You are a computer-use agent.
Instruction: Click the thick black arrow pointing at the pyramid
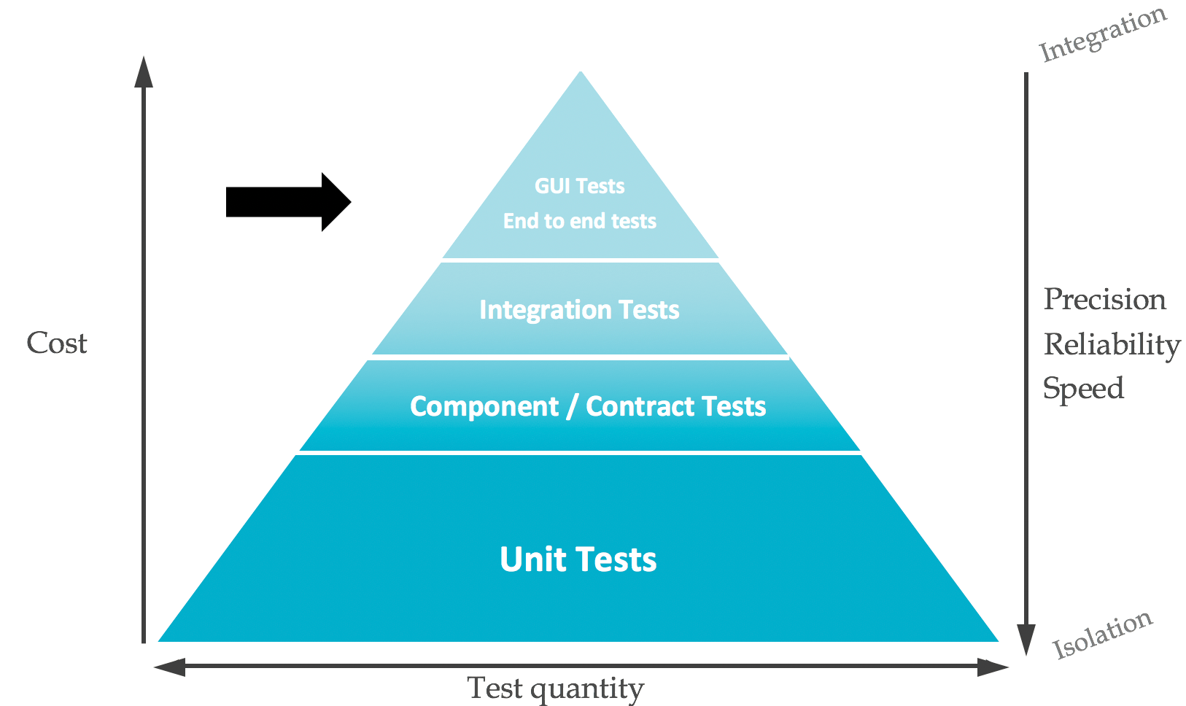(x=288, y=202)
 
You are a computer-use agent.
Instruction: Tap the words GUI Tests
(x=580, y=186)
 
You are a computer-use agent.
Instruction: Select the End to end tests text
(x=580, y=221)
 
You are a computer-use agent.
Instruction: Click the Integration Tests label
(x=579, y=310)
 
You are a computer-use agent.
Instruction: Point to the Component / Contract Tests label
(x=588, y=406)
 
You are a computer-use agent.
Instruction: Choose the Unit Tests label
(x=578, y=559)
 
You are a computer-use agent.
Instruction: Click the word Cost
(x=57, y=343)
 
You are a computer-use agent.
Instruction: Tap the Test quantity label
(x=555, y=688)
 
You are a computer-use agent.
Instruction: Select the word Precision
(x=1104, y=300)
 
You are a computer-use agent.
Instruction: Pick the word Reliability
(x=1112, y=345)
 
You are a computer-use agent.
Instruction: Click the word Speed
(x=1083, y=389)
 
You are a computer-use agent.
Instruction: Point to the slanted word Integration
(x=1103, y=34)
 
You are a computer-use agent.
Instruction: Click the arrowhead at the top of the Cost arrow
(x=144, y=71)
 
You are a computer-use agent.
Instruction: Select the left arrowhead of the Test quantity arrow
(x=170, y=667)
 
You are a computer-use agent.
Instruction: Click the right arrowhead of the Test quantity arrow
(x=993, y=667)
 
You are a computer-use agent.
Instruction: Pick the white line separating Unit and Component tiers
(x=580, y=453)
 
